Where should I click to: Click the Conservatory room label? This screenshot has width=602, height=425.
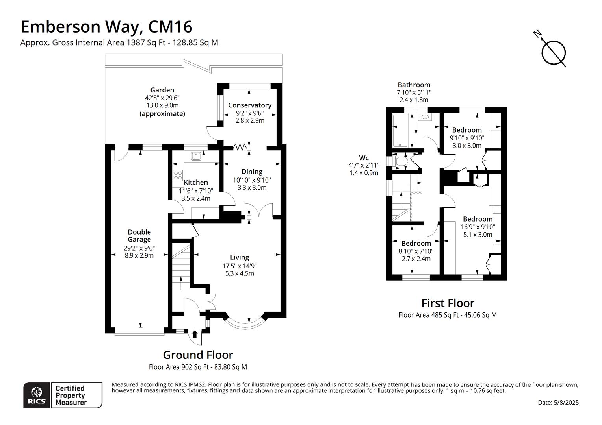[x=250, y=105]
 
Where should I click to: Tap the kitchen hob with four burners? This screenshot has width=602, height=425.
[x=178, y=176]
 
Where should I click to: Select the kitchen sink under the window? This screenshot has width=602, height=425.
[x=196, y=156]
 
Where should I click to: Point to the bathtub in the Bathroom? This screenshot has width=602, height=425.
[x=400, y=131]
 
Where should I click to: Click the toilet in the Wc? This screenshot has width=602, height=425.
[x=401, y=161]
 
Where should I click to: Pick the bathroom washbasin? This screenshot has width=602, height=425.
[x=425, y=117]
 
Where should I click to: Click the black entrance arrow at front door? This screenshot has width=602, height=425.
[x=195, y=334]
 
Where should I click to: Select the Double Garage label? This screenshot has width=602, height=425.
[x=139, y=235]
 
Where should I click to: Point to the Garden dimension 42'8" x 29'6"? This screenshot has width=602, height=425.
[x=162, y=98]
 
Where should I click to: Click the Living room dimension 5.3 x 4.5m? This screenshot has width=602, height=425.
[x=240, y=273]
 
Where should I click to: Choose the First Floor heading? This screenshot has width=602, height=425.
[x=448, y=303]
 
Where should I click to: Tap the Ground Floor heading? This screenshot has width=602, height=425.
[x=198, y=355]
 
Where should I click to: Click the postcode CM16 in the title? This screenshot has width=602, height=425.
[x=170, y=27]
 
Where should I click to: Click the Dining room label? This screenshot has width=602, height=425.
[x=252, y=172]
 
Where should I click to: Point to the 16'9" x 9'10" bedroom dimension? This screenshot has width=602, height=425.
[x=478, y=227]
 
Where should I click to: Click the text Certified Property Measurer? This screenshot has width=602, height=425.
[x=71, y=395]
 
